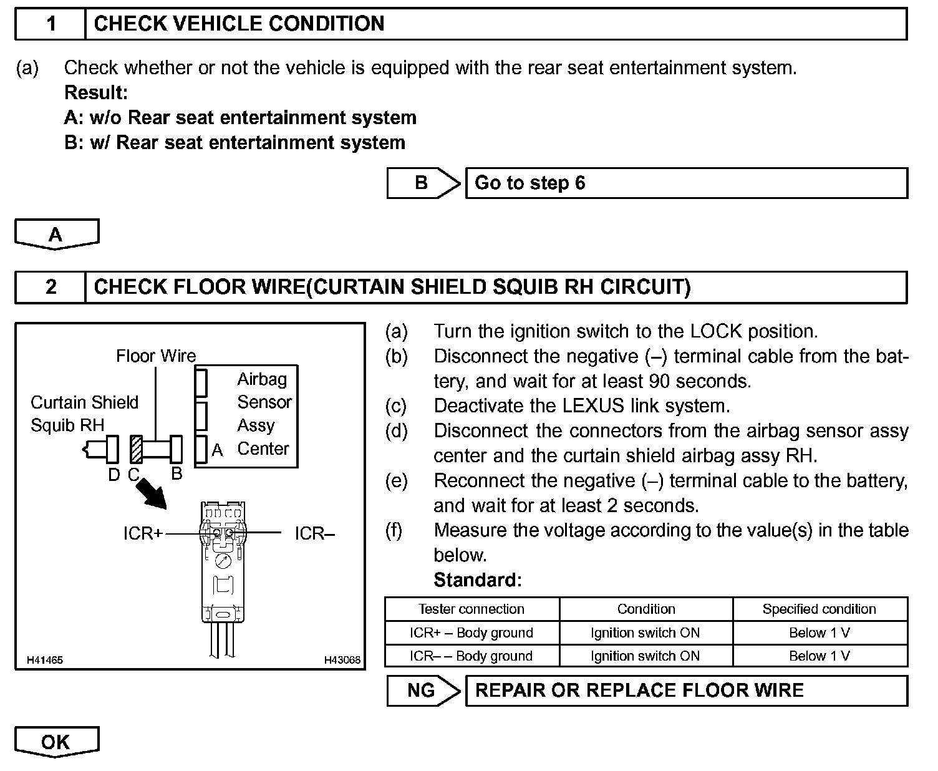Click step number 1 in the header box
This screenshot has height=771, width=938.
tap(51, 24)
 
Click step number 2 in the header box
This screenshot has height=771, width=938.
tap(51, 287)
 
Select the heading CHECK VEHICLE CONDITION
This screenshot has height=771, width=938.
tap(239, 24)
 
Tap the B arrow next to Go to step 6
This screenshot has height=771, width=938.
tap(423, 183)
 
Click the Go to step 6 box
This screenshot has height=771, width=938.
tap(686, 183)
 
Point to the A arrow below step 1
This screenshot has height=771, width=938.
tap(56, 235)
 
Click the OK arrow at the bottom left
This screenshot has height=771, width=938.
tap(56, 742)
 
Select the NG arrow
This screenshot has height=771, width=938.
tap(423, 691)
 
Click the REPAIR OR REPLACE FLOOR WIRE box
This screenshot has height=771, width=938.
tap(686, 691)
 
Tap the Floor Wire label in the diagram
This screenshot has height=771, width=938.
tap(156, 356)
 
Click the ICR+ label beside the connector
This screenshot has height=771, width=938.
tap(143, 533)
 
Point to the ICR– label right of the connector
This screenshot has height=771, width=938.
tap(315, 533)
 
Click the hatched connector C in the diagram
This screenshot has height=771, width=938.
tap(137, 449)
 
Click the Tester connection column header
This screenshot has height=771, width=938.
tap(471, 609)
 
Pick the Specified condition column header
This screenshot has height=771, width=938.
tap(820, 609)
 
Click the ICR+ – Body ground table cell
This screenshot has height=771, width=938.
tap(471, 633)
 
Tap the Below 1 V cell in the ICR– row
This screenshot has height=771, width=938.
tap(820, 656)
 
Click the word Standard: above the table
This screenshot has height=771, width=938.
tap(477, 580)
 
